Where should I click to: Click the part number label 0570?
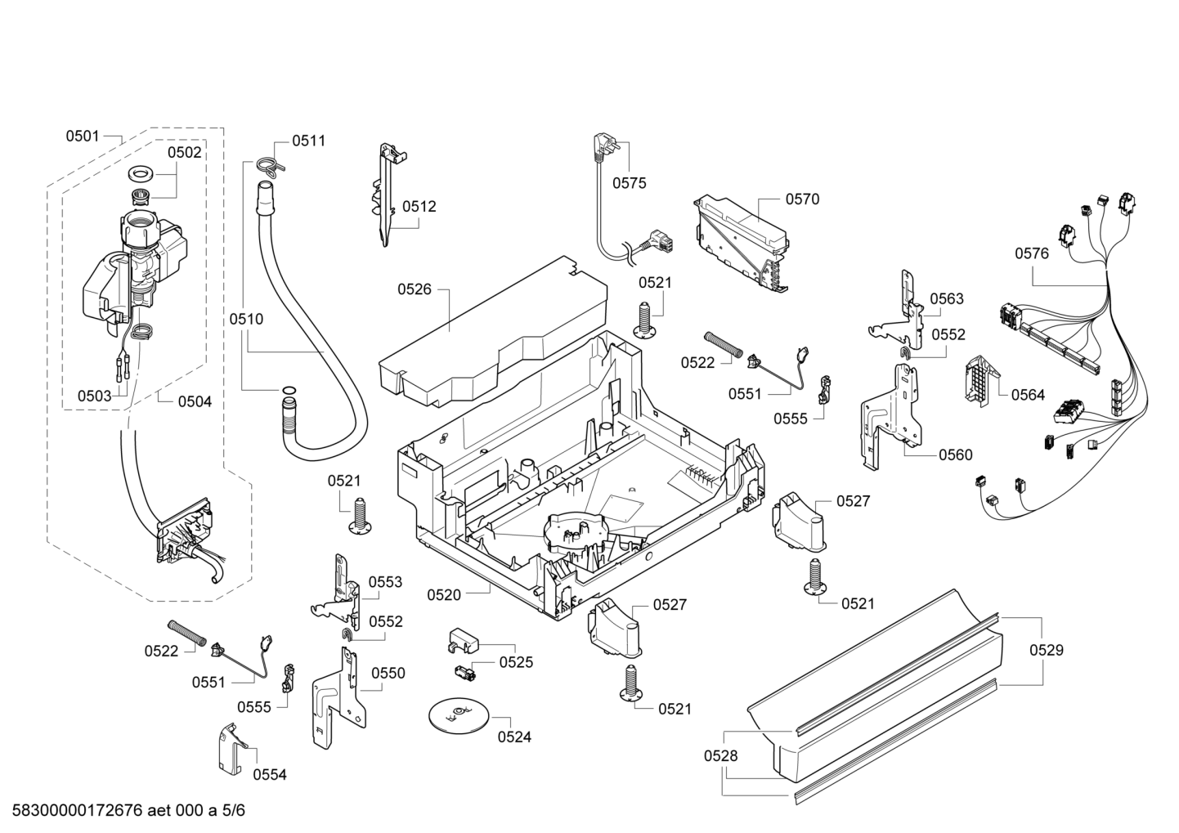pos(802,199)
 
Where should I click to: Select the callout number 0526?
pos(415,289)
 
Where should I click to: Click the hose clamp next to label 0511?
pos(271,164)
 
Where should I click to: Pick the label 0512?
pos(419,206)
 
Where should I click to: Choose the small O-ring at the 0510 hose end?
pos(288,390)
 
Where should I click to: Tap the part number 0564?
pos(1028,395)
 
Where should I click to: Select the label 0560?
pos(955,455)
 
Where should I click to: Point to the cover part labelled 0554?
pos(231,748)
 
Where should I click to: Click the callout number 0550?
pos(388,673)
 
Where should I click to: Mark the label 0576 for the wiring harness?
pos(1032,253)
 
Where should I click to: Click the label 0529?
pos(1047,651)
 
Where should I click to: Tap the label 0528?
pos(721,755)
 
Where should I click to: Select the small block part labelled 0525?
pos(463,639)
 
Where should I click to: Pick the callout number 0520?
pos(444,595)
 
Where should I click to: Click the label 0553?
pos(385,582)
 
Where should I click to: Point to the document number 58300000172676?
pos(78,810)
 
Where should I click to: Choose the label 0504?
pos(195,401)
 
